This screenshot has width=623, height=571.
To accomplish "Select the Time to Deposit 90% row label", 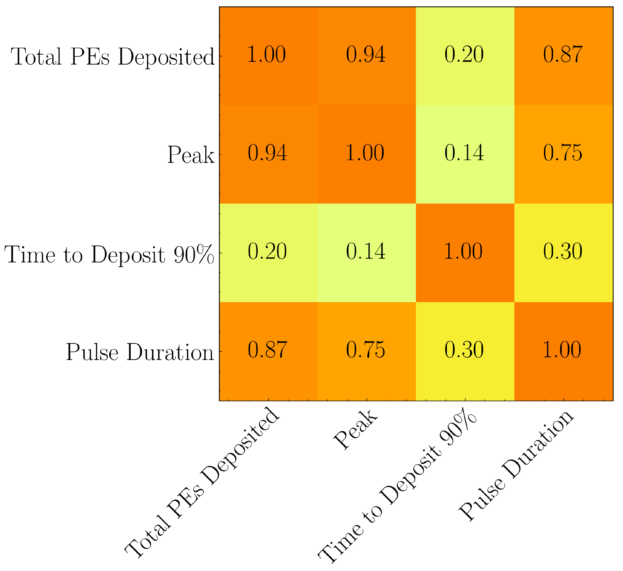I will [x=109, y=254].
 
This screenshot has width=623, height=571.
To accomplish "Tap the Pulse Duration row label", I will [x=140, y=353].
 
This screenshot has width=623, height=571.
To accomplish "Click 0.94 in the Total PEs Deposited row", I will [x=366, y=55].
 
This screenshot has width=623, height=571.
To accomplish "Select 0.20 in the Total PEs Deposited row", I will [x=464, y=55].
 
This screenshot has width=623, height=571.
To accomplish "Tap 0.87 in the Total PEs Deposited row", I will [x=563, y=55].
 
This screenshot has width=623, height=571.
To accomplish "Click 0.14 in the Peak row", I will [x=464, y=153].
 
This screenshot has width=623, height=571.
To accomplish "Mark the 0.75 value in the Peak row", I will [x=563, y=153].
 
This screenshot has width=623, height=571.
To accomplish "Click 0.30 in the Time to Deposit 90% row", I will [x=563, y=251].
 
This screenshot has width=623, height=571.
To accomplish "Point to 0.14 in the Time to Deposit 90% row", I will [x=366, y=251].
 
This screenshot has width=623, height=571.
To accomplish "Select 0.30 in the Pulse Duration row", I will [x=464, y=350].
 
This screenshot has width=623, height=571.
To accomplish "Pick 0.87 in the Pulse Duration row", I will [x=268, y=350].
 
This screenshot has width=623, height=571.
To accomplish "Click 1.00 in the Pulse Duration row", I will [x=562, y=350].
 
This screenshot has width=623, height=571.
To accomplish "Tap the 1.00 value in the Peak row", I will [x=365, y=153].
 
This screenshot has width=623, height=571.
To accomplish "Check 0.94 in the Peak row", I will [x=268, y=153].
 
